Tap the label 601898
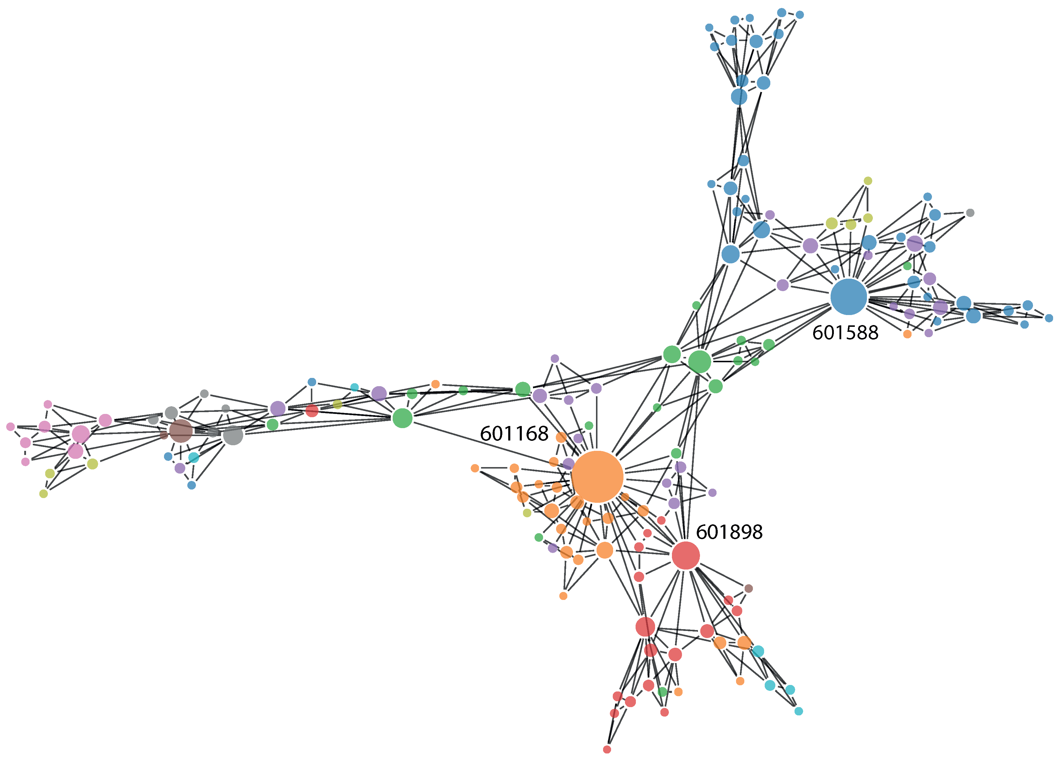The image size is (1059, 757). click(729, 532)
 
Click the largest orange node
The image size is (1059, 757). click(597, 477)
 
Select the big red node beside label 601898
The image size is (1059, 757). click(685, 555)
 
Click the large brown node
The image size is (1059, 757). click(181, 431)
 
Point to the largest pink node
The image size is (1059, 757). click(80, 434)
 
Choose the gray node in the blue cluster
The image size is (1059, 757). click(970, 213)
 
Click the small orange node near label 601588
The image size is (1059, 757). click(907, 334)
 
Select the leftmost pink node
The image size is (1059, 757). click(10, 427)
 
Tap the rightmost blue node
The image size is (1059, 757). click(1049, 318)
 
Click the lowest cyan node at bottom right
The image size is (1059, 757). click(799, 711)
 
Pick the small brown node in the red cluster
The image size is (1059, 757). click(748, 588)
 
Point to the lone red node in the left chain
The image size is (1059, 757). click(312, 411)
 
